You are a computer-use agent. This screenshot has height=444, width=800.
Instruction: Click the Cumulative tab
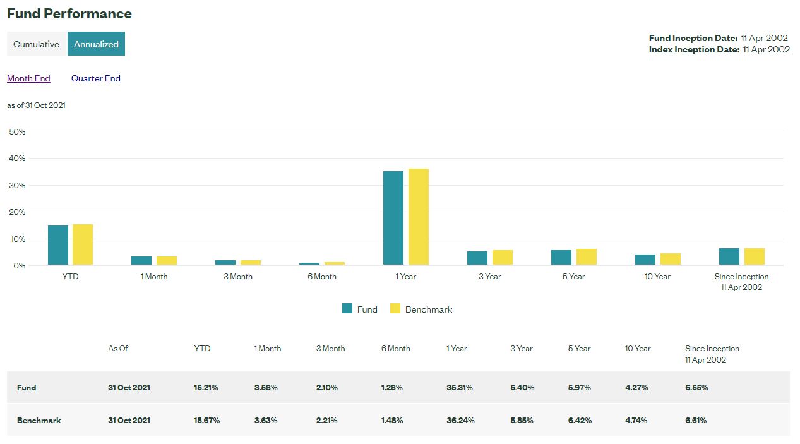pyautogui.click(x=36, y=44)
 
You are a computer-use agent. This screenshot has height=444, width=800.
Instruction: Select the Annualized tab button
pyautogui.click(x=96, y=44)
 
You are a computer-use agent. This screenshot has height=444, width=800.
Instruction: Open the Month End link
pyautogui.click(x=28, y=78)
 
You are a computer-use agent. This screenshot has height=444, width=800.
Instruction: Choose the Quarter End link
pyautogui.click(x=95, y=78)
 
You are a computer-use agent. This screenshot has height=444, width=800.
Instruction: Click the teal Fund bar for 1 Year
pyautogui.click(x=393, y=218)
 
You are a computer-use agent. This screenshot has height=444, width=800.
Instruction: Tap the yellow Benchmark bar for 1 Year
pyautogui.click(x=418, y=217)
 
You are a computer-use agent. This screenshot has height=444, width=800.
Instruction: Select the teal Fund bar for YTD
pyautogui.click(x=58, y=245)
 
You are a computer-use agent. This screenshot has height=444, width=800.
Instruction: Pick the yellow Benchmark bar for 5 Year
pyautogui.click(x=586, y=256)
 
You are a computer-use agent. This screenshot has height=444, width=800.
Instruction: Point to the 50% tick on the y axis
pyautogui.click(x=18, y=131)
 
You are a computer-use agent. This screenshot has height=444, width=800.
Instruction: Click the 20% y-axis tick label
pyautogui.click(x=18, y=212)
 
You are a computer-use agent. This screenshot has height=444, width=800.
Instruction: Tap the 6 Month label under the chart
pyautogui.click(x=322, y=277)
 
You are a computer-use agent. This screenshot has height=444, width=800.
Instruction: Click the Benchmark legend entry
pyautogui.click(x=421, y=309)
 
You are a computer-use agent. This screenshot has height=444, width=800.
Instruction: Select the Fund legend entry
pyautogui.click(x=360, y=309)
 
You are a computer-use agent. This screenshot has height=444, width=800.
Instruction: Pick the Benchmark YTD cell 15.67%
pyautogui.click(x=206, y=421)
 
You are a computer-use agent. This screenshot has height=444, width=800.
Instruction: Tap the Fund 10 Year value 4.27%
pyautogui.click(x=636, y=388)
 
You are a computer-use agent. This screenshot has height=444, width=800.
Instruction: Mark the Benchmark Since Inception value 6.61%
pyautogui.click(x=696, y=421)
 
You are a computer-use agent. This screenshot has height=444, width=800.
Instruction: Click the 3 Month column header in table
pyautogui.click(x=330, y=349)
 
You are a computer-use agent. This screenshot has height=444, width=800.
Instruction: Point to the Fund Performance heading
pyautogui.click(x=69, y=13)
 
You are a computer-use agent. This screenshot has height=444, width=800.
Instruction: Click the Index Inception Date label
pyautogui.click(x=694, y=49)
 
